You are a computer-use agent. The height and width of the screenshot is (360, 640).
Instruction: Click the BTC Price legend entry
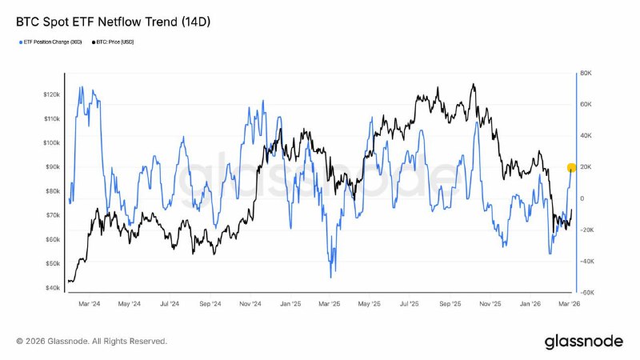114,42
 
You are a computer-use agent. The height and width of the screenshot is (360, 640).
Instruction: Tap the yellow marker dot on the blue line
571,168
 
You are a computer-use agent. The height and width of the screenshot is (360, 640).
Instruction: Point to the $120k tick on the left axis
51,94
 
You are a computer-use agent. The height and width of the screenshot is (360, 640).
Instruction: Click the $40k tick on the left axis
51,288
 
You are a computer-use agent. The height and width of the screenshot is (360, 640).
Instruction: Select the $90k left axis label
51,167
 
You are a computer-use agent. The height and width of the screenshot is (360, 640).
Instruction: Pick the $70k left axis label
51,215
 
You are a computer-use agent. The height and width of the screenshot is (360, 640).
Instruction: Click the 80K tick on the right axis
585,74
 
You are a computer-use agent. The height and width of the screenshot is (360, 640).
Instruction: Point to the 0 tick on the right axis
582,198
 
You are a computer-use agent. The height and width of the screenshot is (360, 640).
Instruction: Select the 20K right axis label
585,167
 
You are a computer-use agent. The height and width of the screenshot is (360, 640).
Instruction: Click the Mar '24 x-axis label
89,304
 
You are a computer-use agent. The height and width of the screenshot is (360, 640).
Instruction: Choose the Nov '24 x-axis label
250,304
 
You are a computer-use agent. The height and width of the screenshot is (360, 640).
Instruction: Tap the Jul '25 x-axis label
410,304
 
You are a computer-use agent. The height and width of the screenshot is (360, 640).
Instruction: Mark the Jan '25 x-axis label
290,304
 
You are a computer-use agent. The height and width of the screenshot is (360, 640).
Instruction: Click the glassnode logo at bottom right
583,342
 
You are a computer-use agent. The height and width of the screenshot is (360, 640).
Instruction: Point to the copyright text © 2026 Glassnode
91,342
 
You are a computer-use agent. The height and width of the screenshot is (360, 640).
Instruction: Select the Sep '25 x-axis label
450,304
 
